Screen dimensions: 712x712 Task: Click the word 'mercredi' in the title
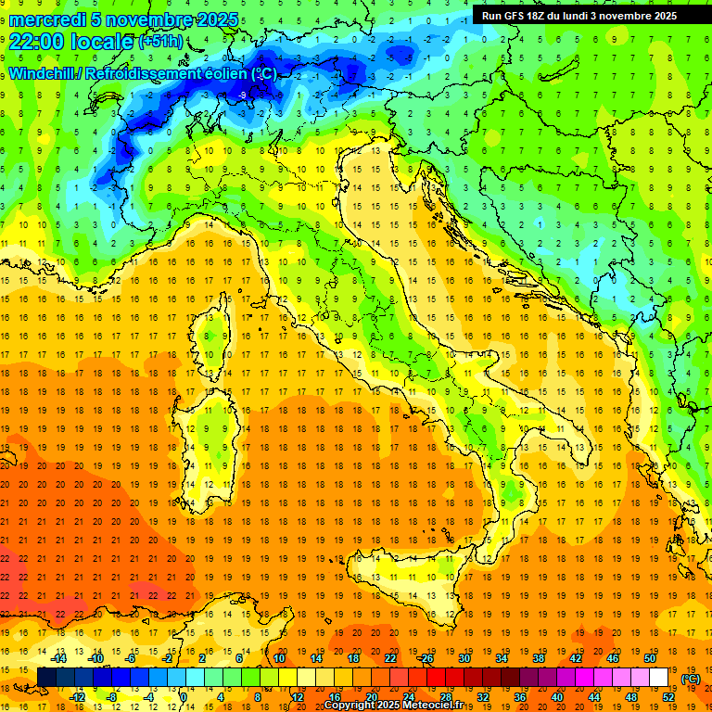(x=48, y=19)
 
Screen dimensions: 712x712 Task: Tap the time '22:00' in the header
(x=38, y=41)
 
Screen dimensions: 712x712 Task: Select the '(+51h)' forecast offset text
(x=160, y=42)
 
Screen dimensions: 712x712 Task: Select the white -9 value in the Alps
(x=242, y=95)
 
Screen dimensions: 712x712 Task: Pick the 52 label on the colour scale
(x=668, y=696)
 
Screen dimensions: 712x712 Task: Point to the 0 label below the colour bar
(x=184, y=696)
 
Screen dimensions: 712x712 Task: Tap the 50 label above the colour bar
(x=650, y=657)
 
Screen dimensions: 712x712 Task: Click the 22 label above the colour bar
(x=390, y=657)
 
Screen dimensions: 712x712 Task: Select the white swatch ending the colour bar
(x=658, y=677)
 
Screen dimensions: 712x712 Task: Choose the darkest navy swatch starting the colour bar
(x=47, y=677)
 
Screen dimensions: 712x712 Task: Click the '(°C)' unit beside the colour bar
(x=691, y=678)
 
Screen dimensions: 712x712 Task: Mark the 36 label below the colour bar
(x=520, y=696)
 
